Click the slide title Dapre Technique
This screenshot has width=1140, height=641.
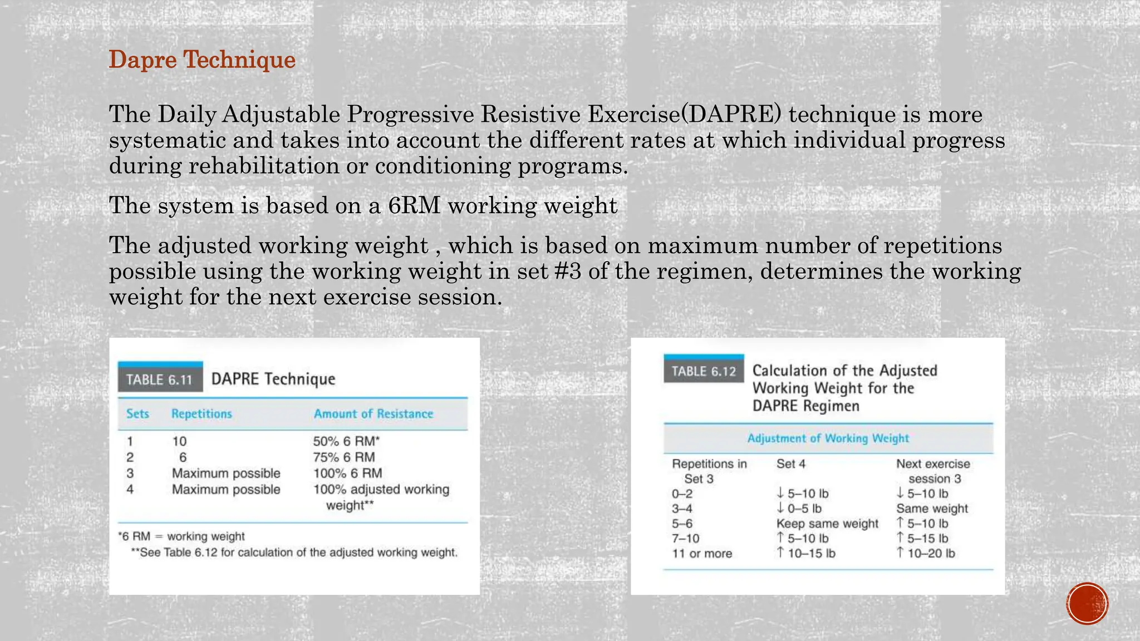[x=202, y=60]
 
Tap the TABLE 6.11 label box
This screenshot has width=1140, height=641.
[x=160, y=379]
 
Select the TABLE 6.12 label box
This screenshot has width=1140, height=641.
[x=704, y=371]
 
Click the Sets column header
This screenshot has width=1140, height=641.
[x=137, y=414]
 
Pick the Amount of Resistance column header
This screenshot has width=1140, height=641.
[x=373, y=414]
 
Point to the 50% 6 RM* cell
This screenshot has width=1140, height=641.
[x=346, y=441]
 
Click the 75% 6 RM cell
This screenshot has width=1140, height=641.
[x=343, y=457]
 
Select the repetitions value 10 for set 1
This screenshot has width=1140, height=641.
[x=179, y=441]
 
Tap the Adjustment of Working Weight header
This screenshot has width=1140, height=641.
[x=828, y=438]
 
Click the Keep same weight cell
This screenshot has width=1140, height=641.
[x=827, y=524]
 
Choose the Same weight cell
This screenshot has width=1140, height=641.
[x=932, y=509]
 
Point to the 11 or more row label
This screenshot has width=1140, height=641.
[x=702, y=554]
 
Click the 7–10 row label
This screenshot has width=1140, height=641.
[x=685, y=539]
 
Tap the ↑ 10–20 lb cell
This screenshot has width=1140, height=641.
[x=926, y=553]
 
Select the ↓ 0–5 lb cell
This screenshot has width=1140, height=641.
[x=799, y=509]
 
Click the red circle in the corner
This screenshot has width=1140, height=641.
[x=1087, y=604]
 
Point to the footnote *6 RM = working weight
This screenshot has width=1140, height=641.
[x=181, y=536]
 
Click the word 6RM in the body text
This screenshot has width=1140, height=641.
[x=414, y=205]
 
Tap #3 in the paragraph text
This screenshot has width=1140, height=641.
[x=568, y=272]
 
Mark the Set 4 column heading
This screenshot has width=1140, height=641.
[x=790, y=464]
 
